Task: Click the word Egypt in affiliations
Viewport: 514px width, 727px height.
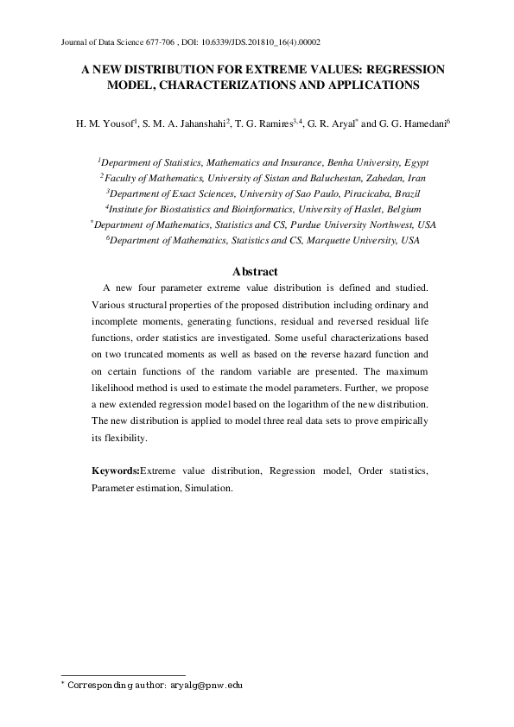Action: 416,162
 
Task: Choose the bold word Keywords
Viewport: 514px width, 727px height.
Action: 115,472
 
